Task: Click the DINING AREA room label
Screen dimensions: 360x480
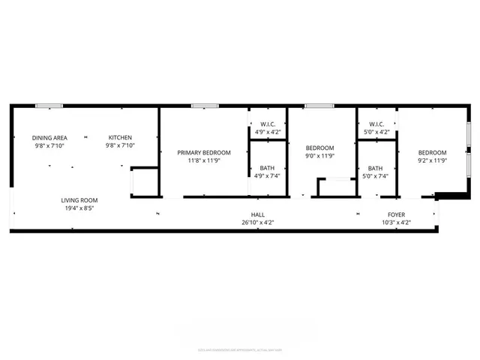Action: pos(49,137)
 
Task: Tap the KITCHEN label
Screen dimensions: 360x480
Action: pos(120,137)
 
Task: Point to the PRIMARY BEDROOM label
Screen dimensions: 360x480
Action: pos(204,152)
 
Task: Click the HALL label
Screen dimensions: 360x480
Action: pos(258,214)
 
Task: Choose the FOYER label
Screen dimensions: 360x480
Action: pos(394,214)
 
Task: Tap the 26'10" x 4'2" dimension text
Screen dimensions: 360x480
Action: pos(258,223)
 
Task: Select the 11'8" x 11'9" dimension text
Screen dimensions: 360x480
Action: pos(204,160)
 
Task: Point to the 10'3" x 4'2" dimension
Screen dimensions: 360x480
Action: pos(394,223)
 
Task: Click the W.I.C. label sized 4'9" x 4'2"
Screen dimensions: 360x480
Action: pos(268,124)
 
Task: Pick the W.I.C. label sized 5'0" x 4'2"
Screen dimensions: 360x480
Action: pos(376,124)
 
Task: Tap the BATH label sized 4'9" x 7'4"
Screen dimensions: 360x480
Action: pos(268,168)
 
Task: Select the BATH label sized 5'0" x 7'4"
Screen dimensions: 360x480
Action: pos(376,168)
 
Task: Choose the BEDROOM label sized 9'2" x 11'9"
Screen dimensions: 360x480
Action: pos(432,152)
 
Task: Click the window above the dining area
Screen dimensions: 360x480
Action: pos(50,106)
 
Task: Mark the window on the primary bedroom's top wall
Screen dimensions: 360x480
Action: pos(199,106)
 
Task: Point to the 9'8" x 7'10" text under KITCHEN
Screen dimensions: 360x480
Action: pos(120,146)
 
